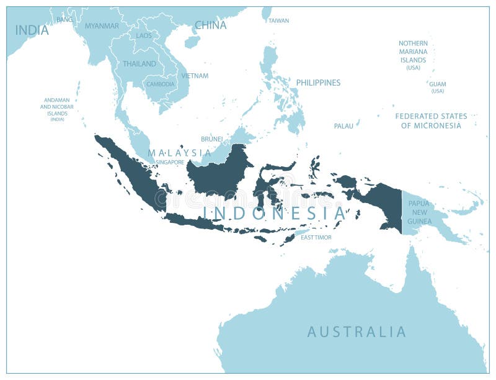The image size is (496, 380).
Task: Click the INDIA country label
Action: (x=32, y=30)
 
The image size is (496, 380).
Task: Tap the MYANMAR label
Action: (x=102, y=26)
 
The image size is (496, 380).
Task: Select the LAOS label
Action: (x=144, y=36)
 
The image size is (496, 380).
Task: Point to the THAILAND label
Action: (x=139, y=64)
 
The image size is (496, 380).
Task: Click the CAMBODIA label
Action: (x=160, y=84)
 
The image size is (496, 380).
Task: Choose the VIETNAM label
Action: (x=195, y=76)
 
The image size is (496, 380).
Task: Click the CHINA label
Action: (x=211, y=25)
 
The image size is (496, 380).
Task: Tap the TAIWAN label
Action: (x=278, y=20)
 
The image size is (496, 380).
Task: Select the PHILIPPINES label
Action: (x=318, y=83)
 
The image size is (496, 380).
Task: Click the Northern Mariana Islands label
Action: (x=413, y=55)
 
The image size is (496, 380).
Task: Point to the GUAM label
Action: (x=438, y=87)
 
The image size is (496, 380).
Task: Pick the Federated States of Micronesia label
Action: (x=432, y=120)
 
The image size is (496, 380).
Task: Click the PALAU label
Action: (x=343, y=126)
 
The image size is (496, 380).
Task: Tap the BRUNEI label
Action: (x=211, y=140)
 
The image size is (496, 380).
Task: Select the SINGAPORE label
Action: (x=170, y=162)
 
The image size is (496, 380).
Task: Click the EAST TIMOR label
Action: (x=316, y=238)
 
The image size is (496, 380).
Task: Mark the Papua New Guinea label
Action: (x=419, y=212)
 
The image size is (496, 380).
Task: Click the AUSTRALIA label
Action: (x=356, y=332)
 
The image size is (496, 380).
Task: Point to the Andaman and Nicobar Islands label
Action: (x=57, y=109)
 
